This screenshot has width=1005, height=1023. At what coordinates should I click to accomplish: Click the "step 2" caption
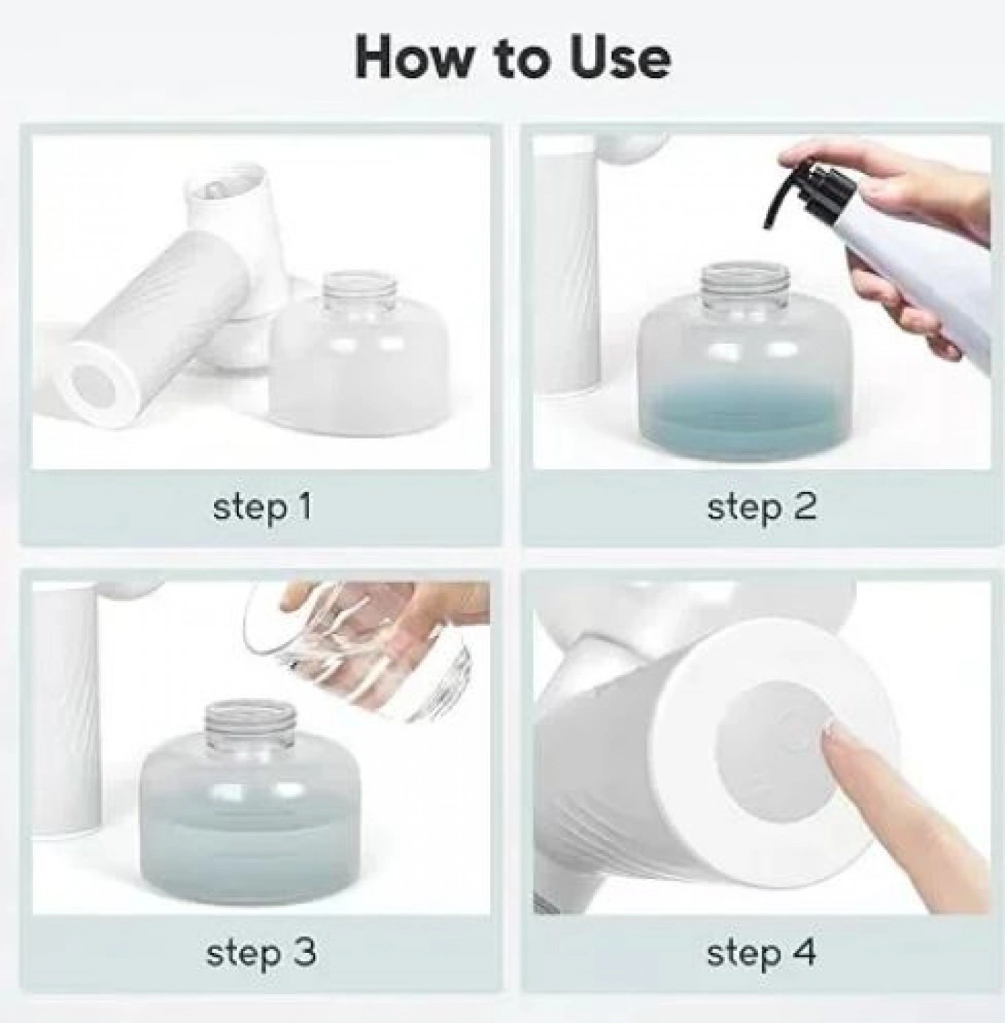(x=761, y=507)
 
